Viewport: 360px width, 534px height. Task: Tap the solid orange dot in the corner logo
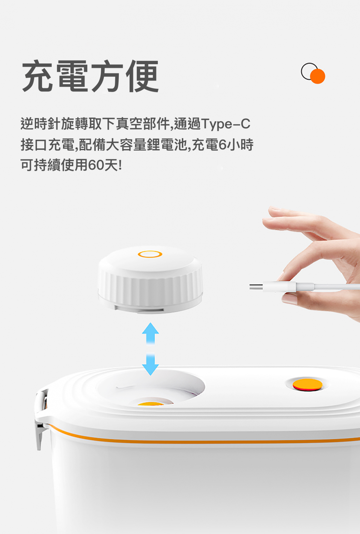tap(317, 76)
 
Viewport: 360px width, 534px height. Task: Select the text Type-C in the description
tap(226, 124)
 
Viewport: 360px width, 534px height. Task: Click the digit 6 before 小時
tap(222, 145)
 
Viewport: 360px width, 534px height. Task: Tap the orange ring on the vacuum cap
tap(150, 254)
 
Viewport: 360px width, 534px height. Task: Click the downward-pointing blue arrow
tap(150, 365)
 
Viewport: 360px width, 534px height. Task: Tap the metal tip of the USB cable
tap(256, 287)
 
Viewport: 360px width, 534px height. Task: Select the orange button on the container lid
tap(307, 385)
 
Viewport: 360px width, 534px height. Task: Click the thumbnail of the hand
tap(289, 299)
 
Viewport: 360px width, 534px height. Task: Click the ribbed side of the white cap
tap(150, 289)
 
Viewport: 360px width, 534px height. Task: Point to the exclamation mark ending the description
tap(120, 165)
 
